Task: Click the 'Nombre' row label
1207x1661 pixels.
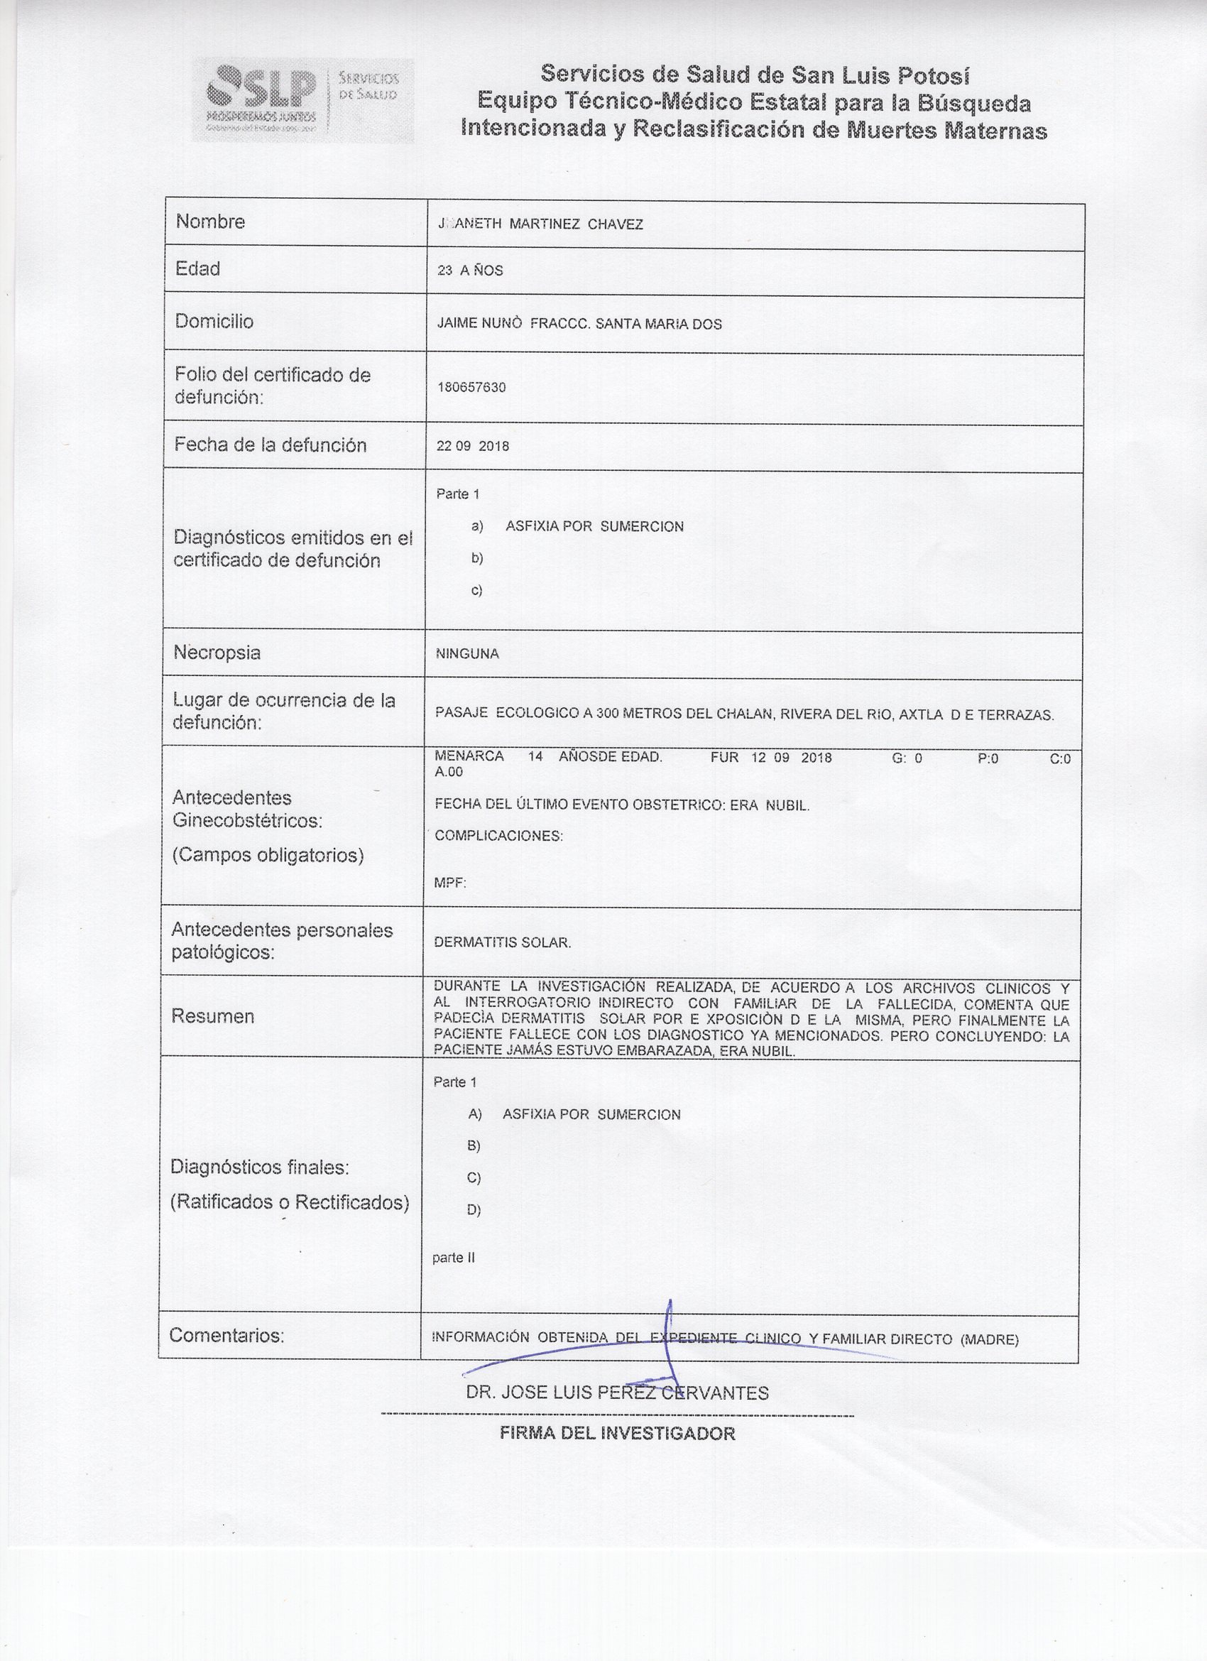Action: (210, 221)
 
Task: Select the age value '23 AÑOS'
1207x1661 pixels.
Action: (469, 271)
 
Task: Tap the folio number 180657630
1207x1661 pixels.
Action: (471, 387)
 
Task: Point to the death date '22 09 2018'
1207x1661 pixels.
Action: (472, 446)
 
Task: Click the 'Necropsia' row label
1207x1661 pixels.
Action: (217, 652)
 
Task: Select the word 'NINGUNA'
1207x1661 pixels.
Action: (467, 654)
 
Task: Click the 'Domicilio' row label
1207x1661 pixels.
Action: (214, 321)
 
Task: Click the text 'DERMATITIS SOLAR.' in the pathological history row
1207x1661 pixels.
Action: (503, 942)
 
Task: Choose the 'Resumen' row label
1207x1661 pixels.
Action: (212, 1015)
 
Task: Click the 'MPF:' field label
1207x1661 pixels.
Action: (449, 883)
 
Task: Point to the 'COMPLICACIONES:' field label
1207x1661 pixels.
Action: (498, 836)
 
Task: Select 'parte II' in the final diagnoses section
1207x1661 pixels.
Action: (454, 1258)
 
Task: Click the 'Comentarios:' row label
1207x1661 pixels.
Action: (226, 1335)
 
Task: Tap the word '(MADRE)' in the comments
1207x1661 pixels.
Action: (989, 1339)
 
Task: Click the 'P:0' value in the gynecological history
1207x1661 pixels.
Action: (988, 758)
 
